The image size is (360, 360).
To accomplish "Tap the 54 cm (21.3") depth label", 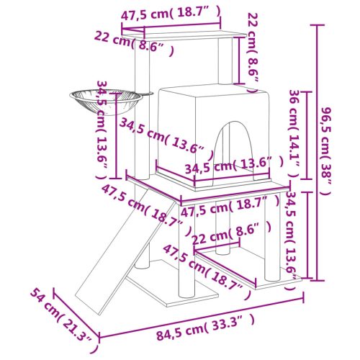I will pos(63,315).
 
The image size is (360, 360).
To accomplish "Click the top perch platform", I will pos(180,35).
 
